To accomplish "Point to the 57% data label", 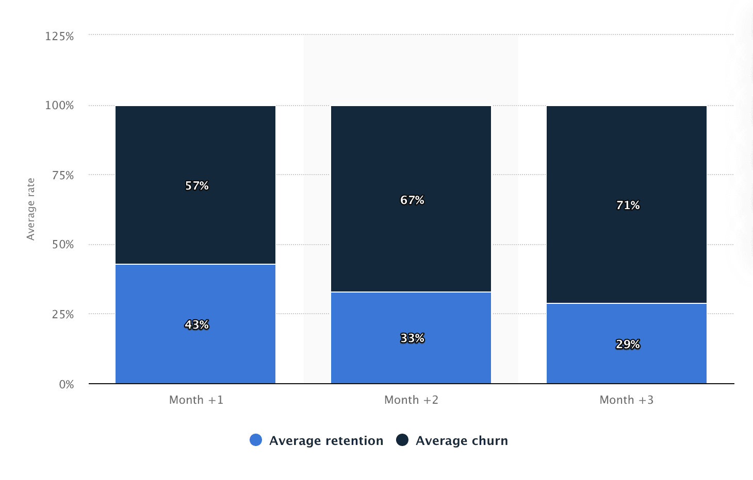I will pos(197,185).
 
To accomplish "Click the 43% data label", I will pos(197,324).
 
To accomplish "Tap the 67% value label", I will pos(412,200).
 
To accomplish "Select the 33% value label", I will pos(412,338).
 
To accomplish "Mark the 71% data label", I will pos(628,205).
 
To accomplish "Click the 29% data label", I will pos(628,344).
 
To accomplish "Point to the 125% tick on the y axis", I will pos(59,36).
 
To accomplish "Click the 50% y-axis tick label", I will pos(63,245).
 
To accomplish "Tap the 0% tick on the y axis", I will pos(67,384).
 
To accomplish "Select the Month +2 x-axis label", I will pos(411,400).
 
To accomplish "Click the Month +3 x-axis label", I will pos(626,400).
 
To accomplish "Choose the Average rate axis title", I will pos(31,209).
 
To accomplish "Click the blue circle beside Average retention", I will pos(256,440).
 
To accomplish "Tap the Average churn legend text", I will pos(462,440).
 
